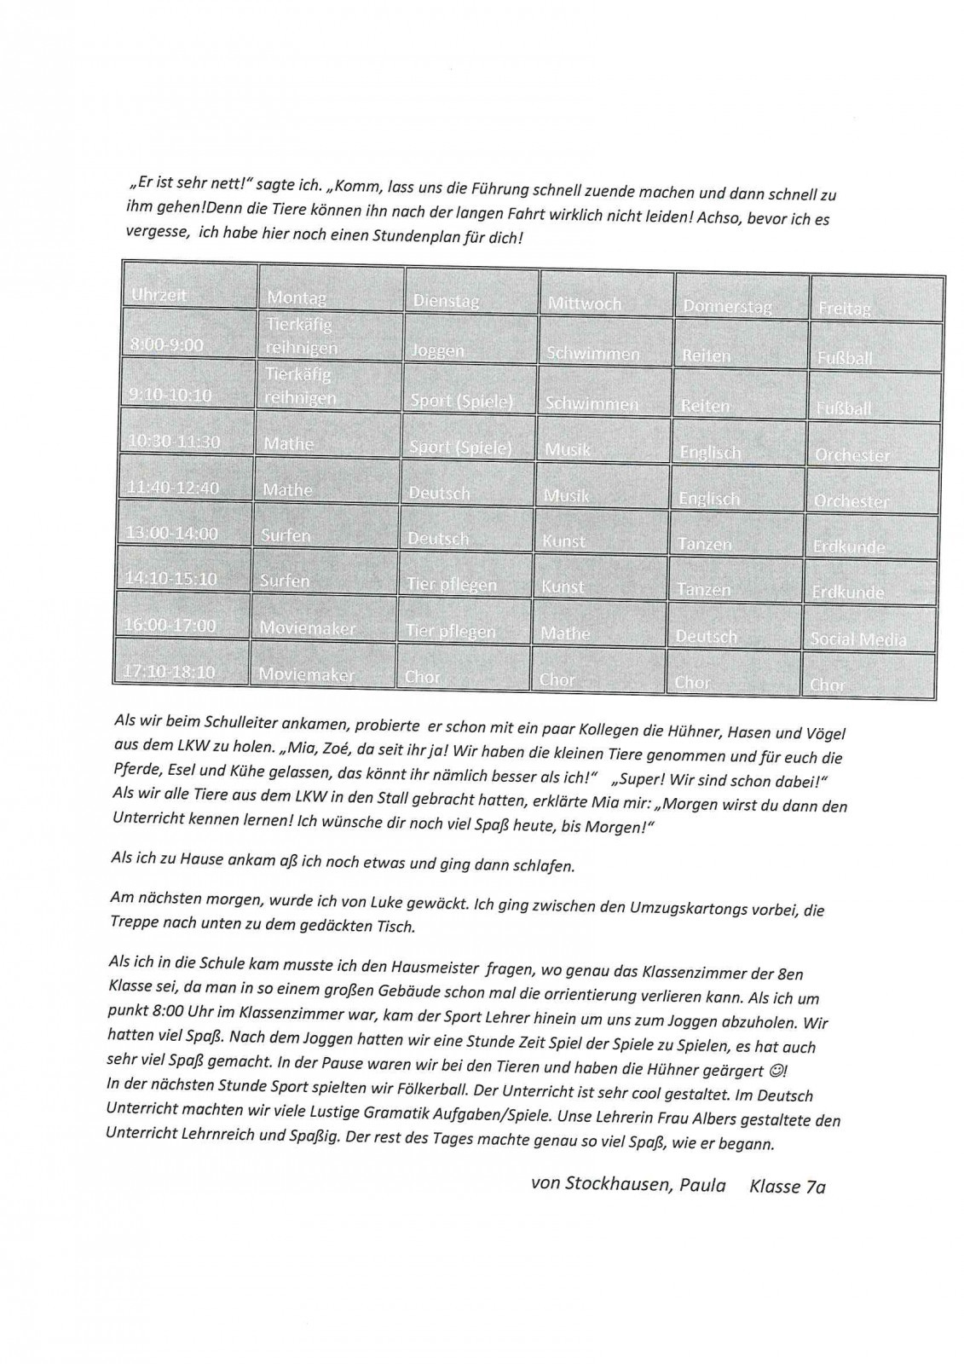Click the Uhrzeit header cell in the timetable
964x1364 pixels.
159,295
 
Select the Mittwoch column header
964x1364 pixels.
585,303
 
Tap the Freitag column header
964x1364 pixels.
844,308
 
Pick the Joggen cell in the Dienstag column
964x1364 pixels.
438,350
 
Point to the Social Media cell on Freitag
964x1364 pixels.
858,639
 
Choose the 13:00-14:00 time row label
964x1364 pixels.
171,533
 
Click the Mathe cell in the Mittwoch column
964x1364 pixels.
564,633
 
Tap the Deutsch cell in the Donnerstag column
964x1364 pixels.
707,636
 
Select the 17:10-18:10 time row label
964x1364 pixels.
170,671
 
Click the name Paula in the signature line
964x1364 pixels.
702,1185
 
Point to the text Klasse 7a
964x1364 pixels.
788,1186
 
